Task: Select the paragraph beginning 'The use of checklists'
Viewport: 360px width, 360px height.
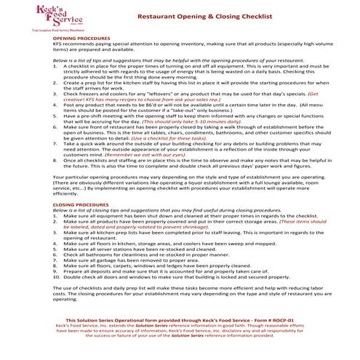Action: tap(182, 293)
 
